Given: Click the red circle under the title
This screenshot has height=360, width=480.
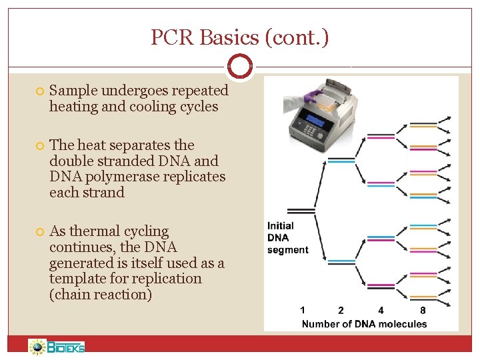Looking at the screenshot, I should pyautogui.click(x=239, y=66).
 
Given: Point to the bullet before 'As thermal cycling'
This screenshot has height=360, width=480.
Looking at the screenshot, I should pyautogui.click(x=39, y=232).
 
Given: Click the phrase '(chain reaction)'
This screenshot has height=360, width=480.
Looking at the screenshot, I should pyautogui.click(x=101, y=295).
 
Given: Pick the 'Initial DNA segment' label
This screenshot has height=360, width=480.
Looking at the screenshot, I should pyautogui.click(x=287, y=237).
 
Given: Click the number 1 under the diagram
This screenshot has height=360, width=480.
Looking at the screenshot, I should pyautogui.click(x=303, y=310).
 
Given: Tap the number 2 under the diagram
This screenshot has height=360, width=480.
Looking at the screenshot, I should pyautogui.click(x=341, y=310).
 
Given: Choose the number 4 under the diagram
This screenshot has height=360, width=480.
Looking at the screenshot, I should pyautogui.click(x=381, y=310).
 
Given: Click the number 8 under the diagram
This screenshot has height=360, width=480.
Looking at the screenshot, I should pyautogui.click(x=423, y=310).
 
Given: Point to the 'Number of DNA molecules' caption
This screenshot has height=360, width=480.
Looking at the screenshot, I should pyautogui.click(x=364, y=324).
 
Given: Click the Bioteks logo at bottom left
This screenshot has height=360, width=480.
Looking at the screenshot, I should pyautogui.click(x=57, y=347).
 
